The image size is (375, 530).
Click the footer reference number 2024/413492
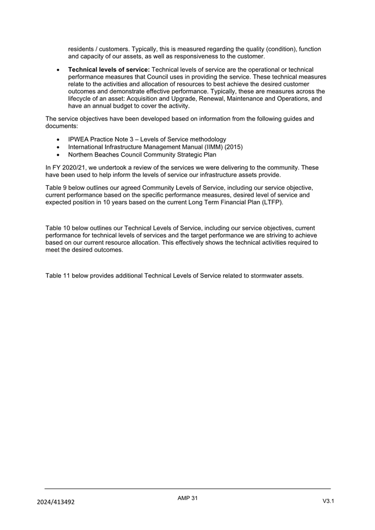click(x=56, y=502)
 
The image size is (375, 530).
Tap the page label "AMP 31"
click(x=187, y=498)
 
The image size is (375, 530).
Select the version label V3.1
click(x=328, y=501)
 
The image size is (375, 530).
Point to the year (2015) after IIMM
click(x=232, y=147)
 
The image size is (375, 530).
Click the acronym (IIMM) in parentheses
click(x=209, y=147)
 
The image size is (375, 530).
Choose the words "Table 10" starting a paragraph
click(x=59, y=228)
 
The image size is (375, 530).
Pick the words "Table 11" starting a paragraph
click(x=59, y=276)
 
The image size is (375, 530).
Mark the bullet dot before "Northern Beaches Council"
click(x=58, y=155)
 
